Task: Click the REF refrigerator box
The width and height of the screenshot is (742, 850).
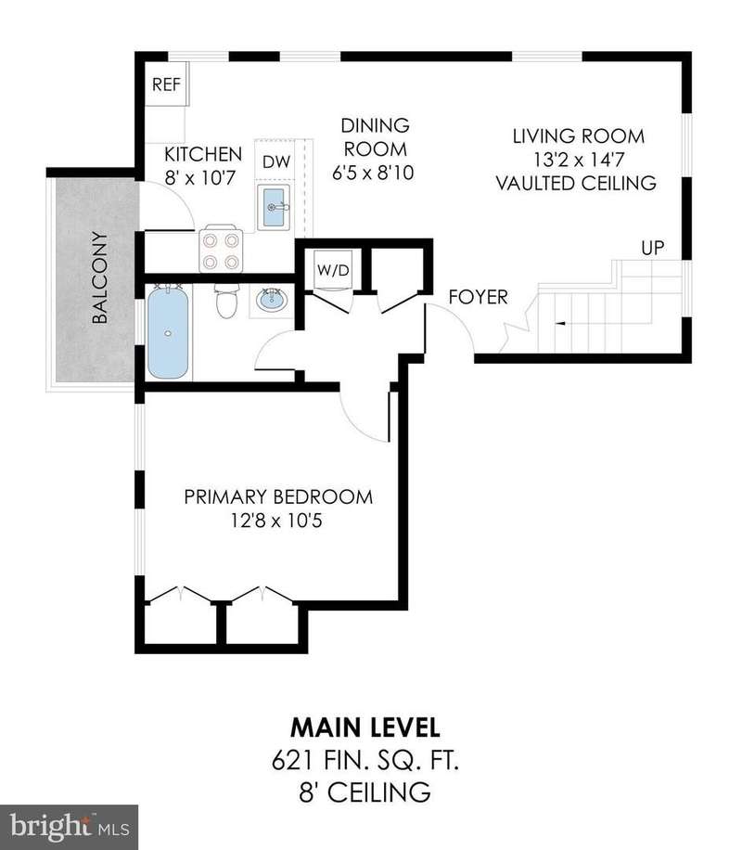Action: pos(166,84)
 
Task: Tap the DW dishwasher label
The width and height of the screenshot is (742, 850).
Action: pos(276,161)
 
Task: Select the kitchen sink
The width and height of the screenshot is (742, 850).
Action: pos(274,207)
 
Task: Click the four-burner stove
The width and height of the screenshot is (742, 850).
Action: pos(221,251)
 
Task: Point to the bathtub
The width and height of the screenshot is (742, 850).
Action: pos(168,333)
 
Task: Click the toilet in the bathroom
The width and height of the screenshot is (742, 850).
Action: pos(226,302)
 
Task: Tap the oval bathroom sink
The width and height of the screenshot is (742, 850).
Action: pos(272,301)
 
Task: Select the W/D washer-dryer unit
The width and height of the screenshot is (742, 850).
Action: pos(333,269)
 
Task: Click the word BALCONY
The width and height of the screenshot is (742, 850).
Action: pos(100,277)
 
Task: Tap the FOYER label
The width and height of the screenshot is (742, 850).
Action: pos(478,297)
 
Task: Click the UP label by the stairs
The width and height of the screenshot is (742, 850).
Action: pos(653,248)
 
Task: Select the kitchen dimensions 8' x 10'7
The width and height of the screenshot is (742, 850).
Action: pos(200,178)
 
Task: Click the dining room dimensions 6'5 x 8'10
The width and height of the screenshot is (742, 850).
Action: pos(373,173)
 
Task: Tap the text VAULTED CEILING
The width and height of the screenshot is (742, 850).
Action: pos(576,183)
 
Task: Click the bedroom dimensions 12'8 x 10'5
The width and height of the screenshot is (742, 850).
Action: pos(276,521)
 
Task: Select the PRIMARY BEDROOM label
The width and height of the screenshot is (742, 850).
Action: pos(278,497)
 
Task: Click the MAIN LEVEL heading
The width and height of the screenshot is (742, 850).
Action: pos(365,728)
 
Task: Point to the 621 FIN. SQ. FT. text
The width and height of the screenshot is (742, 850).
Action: pos(365,761)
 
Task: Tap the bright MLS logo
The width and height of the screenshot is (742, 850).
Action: pos(69,827)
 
